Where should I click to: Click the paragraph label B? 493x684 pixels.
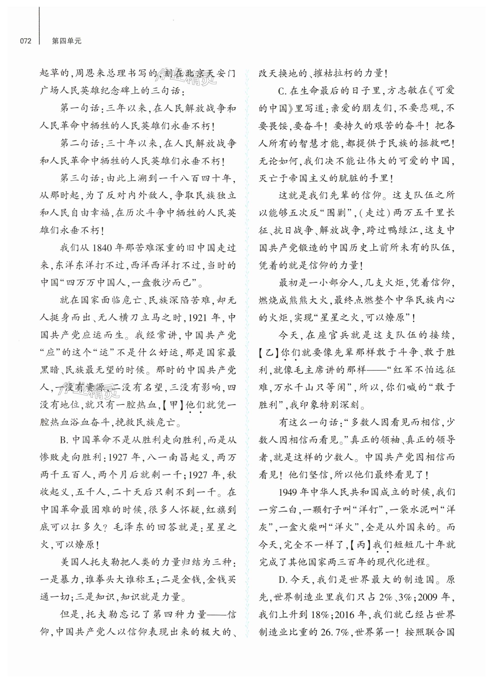64,440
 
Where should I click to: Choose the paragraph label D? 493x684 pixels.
283,579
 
